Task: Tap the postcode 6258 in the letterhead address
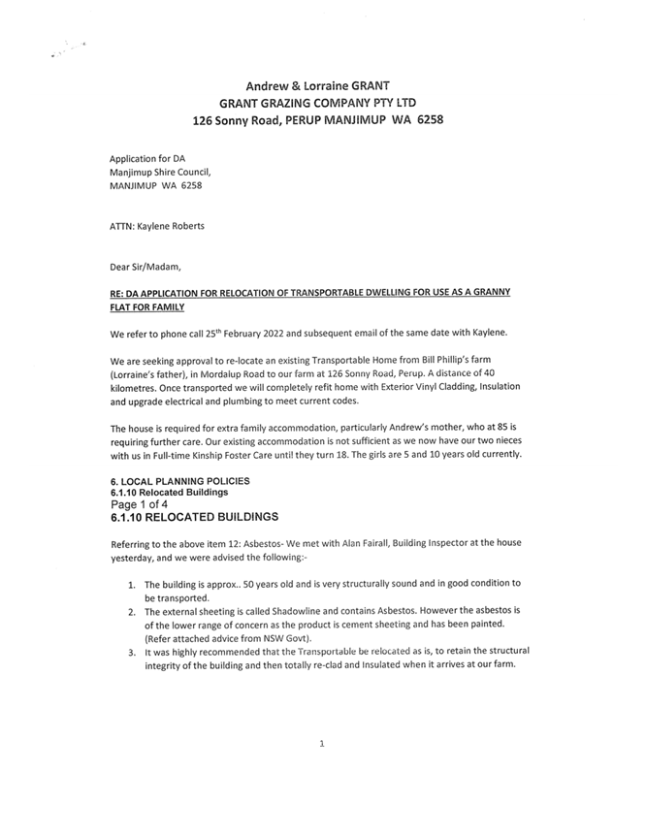[x=425, y=121]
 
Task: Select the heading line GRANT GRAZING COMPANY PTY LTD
[x=317, y=103]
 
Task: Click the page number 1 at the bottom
[x=321, y=745]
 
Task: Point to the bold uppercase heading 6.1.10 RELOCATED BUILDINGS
[x=195, y=518]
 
